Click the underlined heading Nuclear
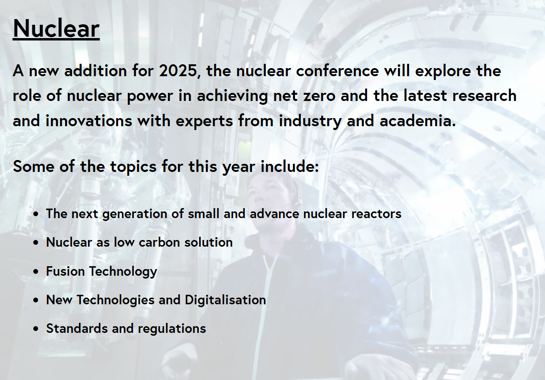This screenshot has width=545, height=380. (x=56, y=29)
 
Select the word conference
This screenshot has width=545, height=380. (x=337, y=71)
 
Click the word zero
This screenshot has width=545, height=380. (x=319, y=96)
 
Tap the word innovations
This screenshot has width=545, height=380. (x=89, y=121)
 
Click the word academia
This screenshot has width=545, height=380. (x=418, y=121)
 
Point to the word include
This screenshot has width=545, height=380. (x=290, y=166)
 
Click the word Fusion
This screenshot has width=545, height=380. (x=66, y=271)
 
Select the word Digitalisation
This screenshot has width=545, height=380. (x=225, y=300)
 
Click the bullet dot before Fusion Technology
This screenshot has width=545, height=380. (x=36, y=272)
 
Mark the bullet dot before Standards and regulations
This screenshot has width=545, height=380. (x=36, y=329)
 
